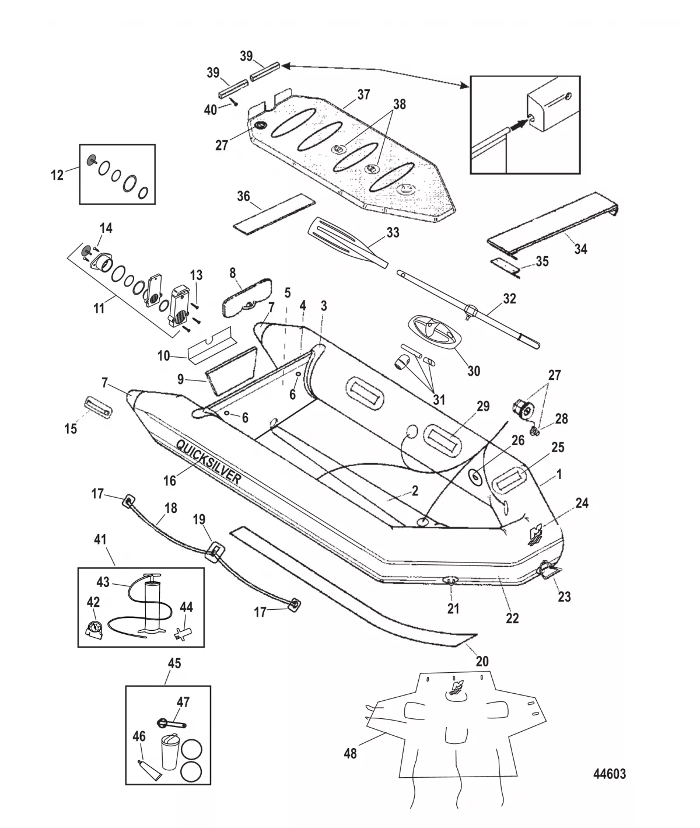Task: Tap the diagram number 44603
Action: coord(609,774)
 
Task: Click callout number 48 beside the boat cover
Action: coord(350,753)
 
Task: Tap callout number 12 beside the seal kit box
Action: coord(57,174)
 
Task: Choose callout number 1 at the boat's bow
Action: coord(559,475)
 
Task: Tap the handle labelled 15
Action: coord(99,406)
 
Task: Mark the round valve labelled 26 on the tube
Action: coord(476,477)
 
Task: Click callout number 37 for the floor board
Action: coord(363,95)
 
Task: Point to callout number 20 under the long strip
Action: coord(482,661)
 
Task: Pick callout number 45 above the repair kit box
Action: coord(174,663)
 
